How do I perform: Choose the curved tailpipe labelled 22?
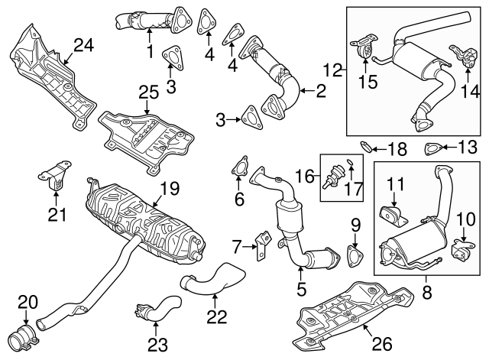coord(212,279)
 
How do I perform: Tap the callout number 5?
coord(301,290)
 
